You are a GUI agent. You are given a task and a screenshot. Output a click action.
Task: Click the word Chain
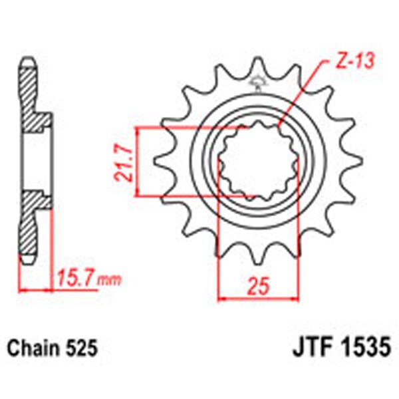click(x=31, y=348)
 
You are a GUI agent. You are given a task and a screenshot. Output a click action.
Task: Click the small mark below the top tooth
click(x=257, y=84)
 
